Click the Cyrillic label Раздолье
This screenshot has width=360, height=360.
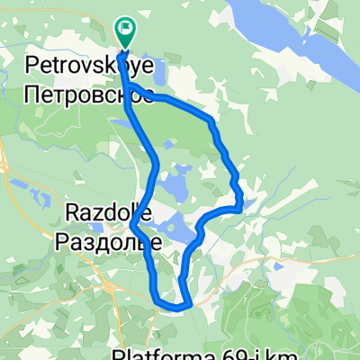[x=109, y=240]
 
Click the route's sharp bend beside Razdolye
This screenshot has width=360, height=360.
[x=132, y=222]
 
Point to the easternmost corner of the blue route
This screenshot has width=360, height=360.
[x=242, y=206]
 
